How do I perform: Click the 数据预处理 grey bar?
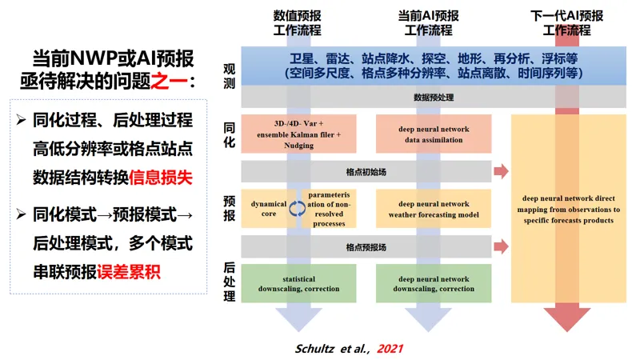(x=433, y=97)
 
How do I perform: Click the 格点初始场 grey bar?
(x=366, y=170)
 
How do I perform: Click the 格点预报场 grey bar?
(x=366, y=247)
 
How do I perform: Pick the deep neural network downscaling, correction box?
(x=433, y=283)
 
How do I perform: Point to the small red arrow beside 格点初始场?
(x=502, y=171)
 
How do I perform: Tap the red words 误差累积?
(x=129, y=269)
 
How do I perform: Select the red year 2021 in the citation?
(x=390, y=349)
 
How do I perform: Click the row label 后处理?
(x=230, y=283)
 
